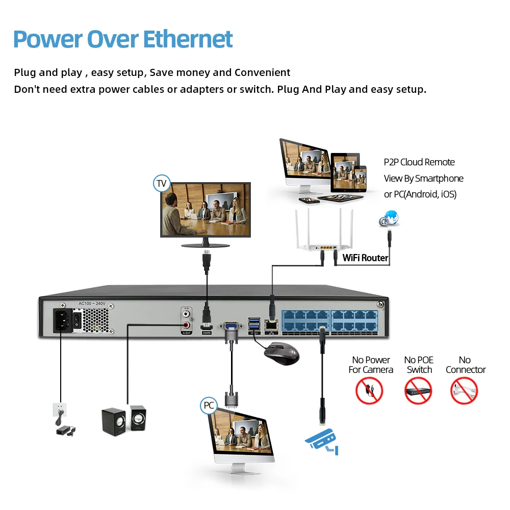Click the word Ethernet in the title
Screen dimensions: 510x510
(x=187, y=39)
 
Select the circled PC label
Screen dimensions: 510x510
(x=209, y=405)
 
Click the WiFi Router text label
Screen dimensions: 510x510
(x=365, y=258)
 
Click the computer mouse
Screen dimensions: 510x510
(x=281, y=352)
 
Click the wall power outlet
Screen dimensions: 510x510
(x=60, y=410)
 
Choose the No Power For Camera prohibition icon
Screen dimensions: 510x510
(x=369, y=391)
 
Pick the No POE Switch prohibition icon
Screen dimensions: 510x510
(x=418, y=391)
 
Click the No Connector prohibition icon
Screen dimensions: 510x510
(x=464, y=391)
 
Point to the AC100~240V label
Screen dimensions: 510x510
(x=91, y=304)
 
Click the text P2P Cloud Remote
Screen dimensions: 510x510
(x=419, y=162)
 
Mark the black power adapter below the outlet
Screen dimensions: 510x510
(x=65, y=430)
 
